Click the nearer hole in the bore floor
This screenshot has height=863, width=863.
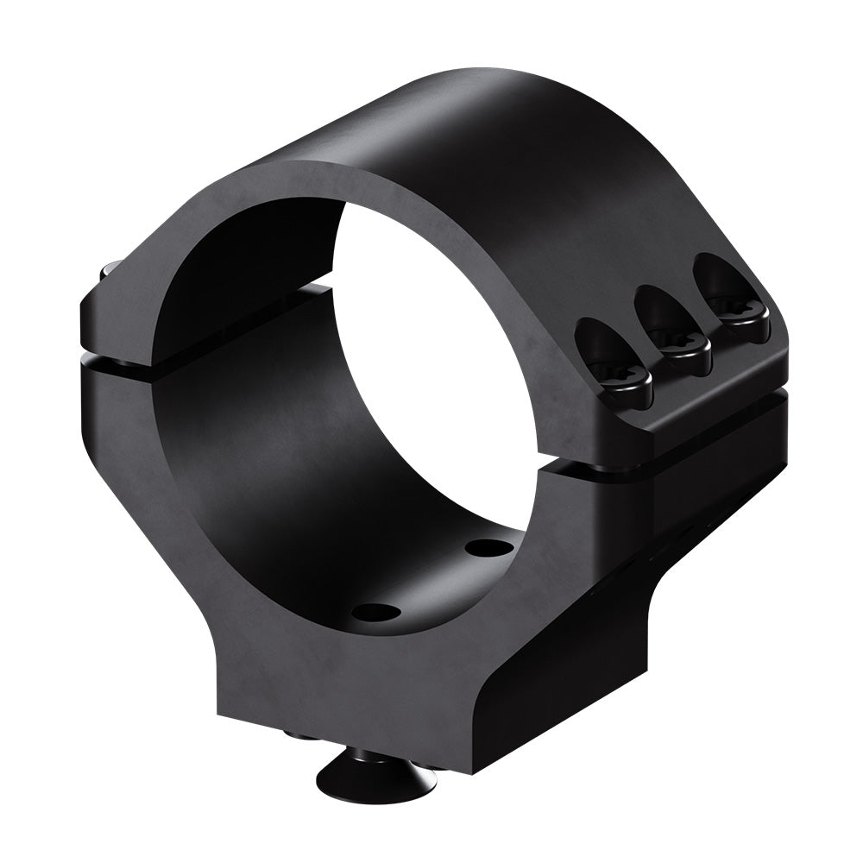[377, 613]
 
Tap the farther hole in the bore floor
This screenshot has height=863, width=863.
[488, 547]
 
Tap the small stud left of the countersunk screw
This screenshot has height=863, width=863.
[299, 734]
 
